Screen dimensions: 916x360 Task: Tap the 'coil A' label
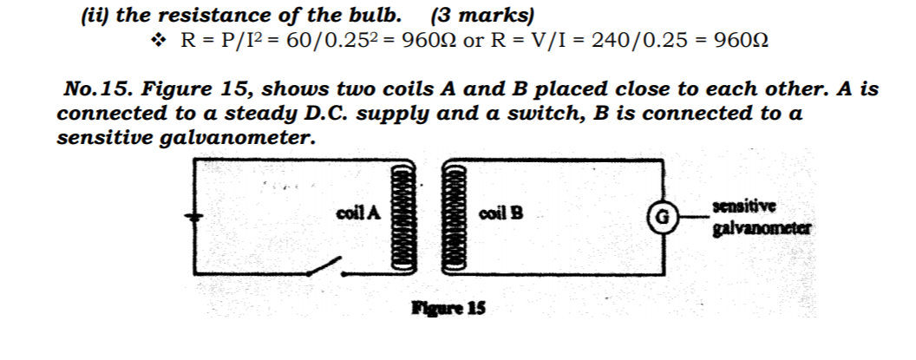[x=359, y=213]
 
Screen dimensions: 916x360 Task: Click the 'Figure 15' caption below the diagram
[x=448, y=307]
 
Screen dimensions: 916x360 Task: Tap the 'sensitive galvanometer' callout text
[x=762, y=218]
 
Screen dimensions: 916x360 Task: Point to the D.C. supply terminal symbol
[x=194, y=217]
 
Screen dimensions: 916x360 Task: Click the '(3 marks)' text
[x=482, y=16]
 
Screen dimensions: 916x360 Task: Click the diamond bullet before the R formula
[x=158, y=41]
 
